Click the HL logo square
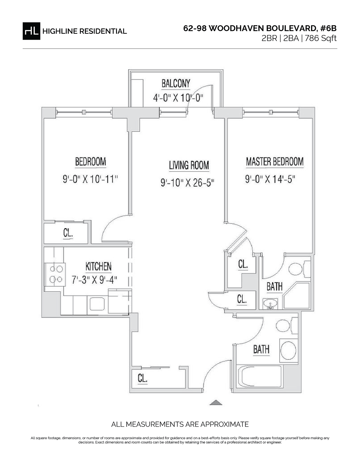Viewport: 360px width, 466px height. (31, 31)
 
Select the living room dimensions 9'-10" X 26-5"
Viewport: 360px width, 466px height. (188, 183)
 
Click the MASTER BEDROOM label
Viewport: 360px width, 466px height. (274, 162)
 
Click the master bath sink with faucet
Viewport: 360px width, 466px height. (270, 304)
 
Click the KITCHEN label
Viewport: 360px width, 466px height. (98, 266)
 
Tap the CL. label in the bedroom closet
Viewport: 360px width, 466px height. (68, 233)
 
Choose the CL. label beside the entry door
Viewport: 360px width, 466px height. (142, 379)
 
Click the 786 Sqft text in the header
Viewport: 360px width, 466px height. (321, 38)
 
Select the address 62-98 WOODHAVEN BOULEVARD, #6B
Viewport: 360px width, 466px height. (260, 28)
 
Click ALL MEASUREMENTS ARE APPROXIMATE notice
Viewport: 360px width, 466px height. (180, 424)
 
